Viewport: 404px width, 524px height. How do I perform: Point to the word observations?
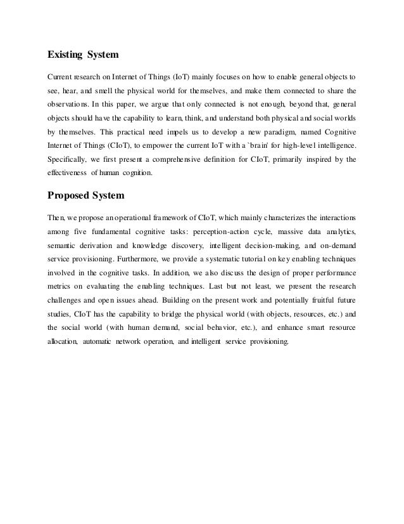coord(68,103)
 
